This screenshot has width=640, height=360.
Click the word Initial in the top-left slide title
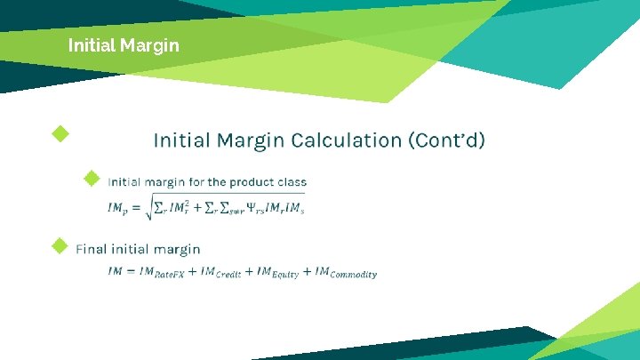(89, 44)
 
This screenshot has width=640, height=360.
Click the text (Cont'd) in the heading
(447, 140)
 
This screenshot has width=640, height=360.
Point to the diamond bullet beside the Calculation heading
(60, 134)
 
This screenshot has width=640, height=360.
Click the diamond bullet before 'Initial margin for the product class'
(91, 179)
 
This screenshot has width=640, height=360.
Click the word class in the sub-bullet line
(292, 182)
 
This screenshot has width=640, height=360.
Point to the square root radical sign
(148, 206)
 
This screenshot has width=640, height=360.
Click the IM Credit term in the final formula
(221, 272)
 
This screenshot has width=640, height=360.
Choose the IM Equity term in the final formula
(277, 272)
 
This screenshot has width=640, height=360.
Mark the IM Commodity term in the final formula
(346, 272)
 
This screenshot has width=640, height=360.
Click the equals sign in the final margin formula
(130, 270)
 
